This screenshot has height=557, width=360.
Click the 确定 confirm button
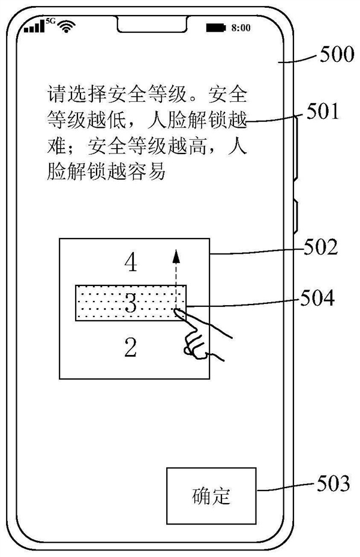(x=211, y=496)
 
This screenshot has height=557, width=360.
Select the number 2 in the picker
(x=130, y=347)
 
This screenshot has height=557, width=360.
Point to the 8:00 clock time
(x=241, y=28)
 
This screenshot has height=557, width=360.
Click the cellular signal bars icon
(x=34, y=27)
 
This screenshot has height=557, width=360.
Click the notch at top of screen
(x=150, y=26)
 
